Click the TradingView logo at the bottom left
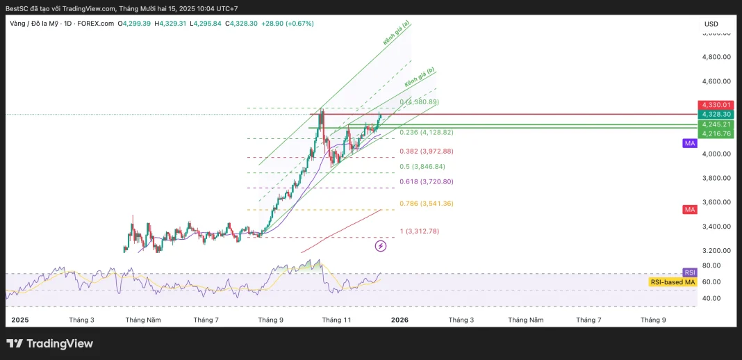point(49,343)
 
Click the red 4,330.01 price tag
point(716,105)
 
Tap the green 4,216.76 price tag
point(716,133)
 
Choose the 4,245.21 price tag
point(716,124)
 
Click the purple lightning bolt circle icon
point(381,245)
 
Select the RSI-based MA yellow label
point(673,282)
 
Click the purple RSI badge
point(690,272)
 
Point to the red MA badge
point(690,209)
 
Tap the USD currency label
point(711,24)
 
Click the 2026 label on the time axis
point(399,320)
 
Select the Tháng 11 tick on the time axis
point(337,320)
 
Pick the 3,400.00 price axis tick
point(716,227)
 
